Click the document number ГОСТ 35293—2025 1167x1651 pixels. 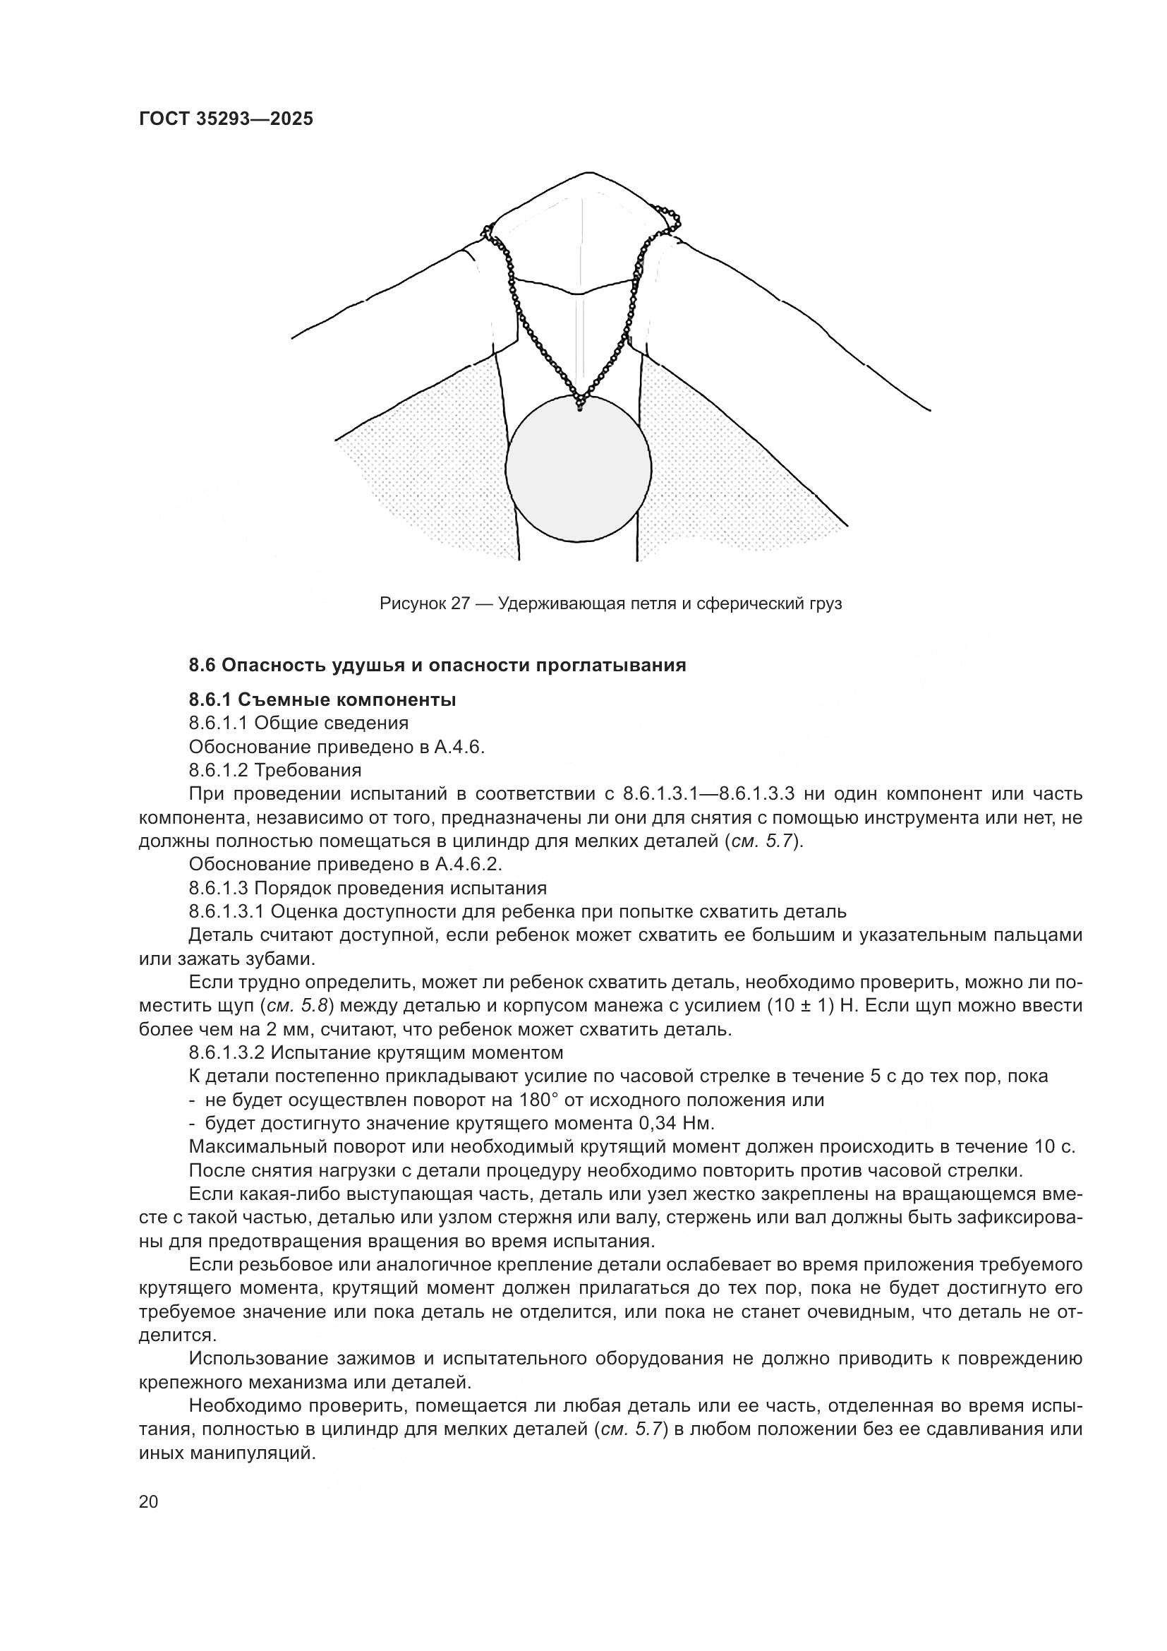pyautogui.click(x=226, y=119)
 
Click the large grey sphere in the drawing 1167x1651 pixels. pyautogui.click(x=578, y=469)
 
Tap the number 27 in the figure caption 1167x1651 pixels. pyautogui.click(x=460, y=604)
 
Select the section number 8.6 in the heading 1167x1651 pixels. pyautogui.click(x=202, y=665)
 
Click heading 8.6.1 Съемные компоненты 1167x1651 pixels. pyautogui.click(x=322, y=699)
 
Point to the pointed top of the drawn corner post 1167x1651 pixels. pyautogui.click(x=588, y=174)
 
